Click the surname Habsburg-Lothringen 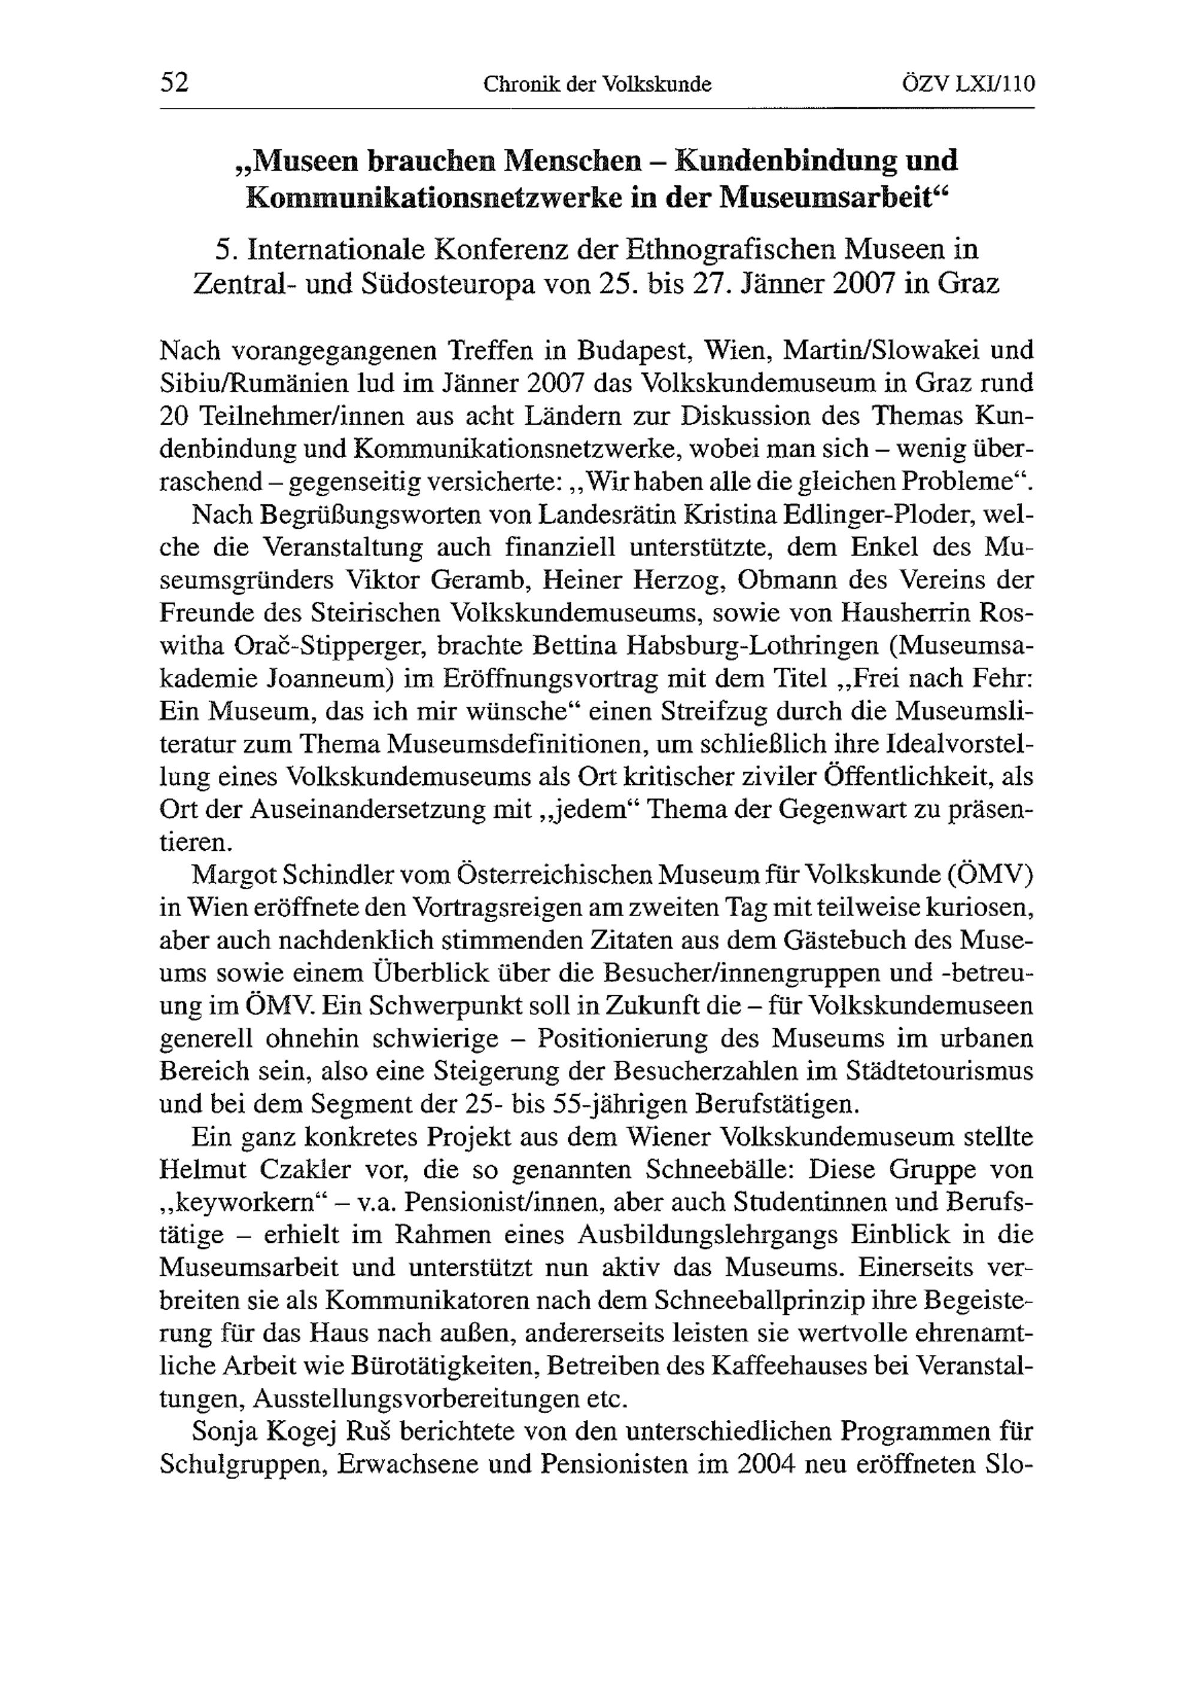[x=752, y=645]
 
